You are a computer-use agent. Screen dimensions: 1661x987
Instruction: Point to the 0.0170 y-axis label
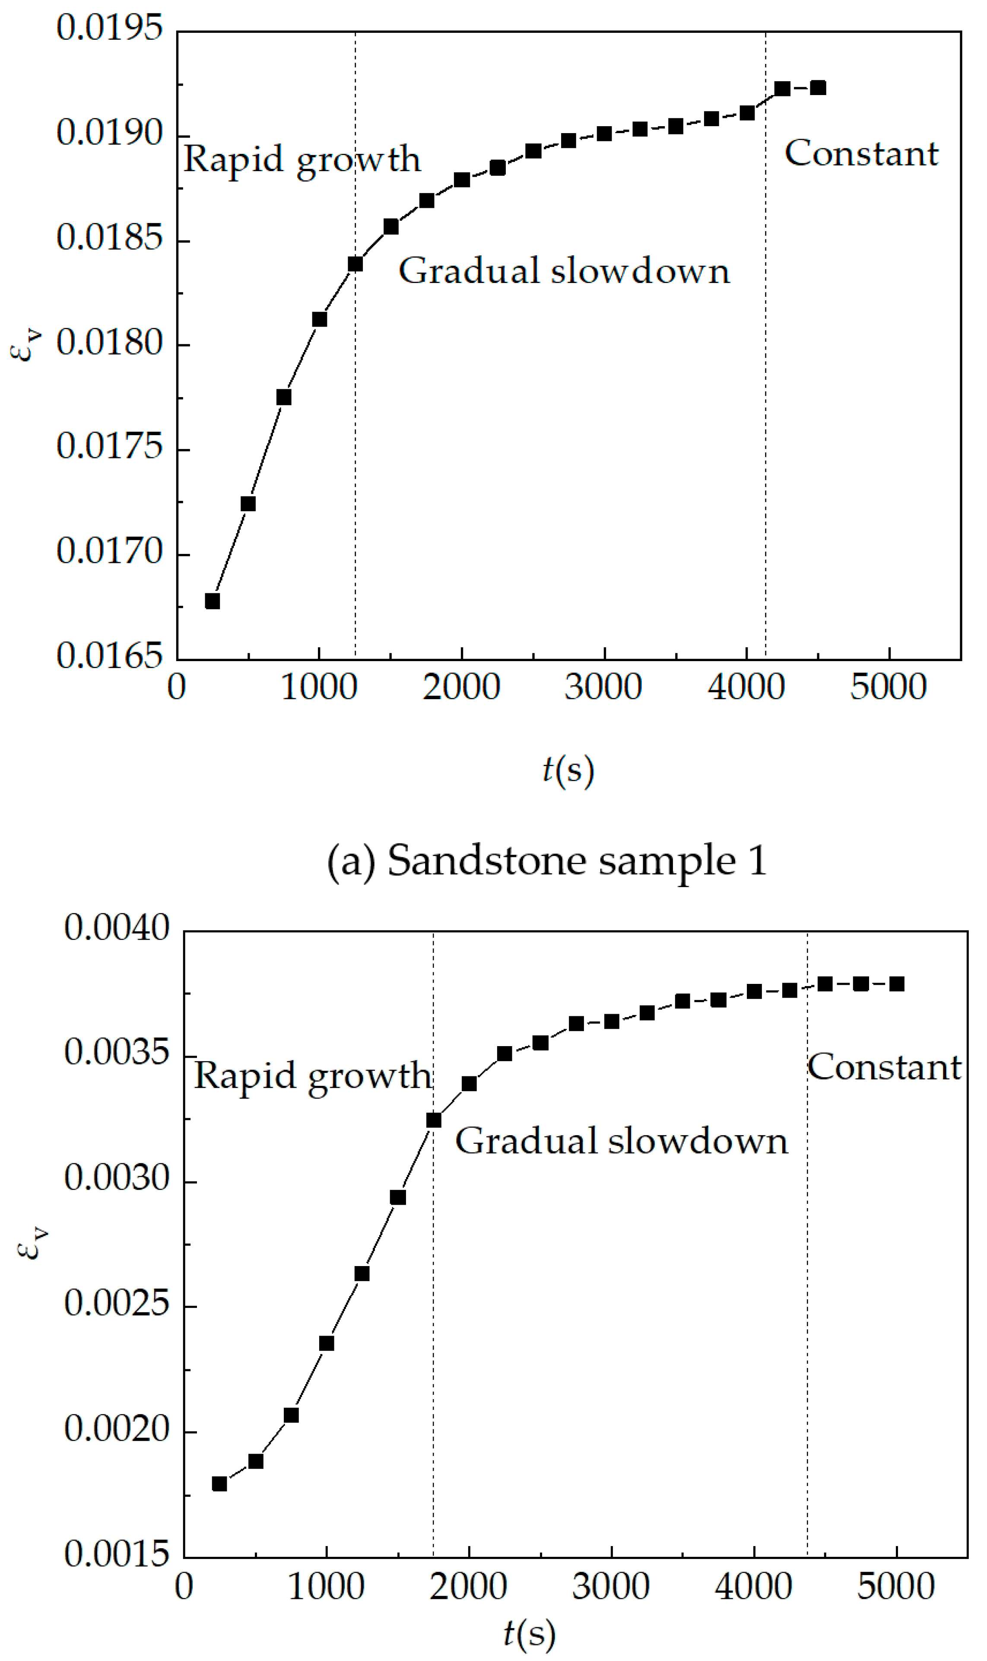[x=110, y=552]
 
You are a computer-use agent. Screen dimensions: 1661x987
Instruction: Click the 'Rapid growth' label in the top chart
[x=302, y=159]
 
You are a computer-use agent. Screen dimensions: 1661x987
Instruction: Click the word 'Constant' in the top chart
[x=861, y=154]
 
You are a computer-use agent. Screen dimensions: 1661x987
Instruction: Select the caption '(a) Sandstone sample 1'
[x=547, y=861]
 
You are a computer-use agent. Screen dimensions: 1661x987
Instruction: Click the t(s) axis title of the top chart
[x=567, y=770]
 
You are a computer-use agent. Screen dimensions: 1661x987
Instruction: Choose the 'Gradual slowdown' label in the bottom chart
[x=621, y=1142]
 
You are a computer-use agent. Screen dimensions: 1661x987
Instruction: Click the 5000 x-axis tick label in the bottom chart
[x=896, y=1587]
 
